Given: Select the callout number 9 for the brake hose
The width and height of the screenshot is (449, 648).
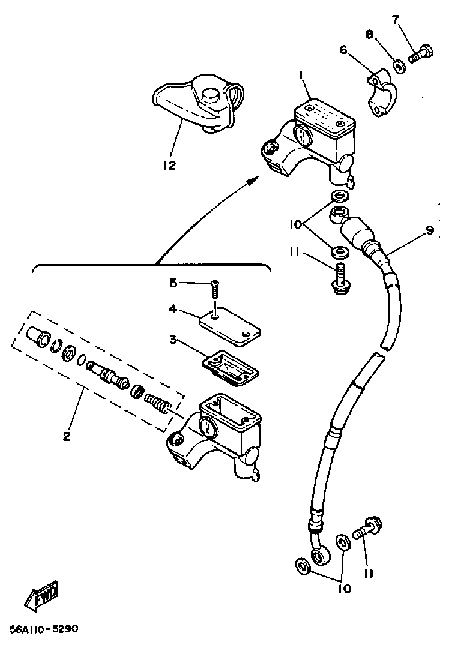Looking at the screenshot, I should pos(430,230).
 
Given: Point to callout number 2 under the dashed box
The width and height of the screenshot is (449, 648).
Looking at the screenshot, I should pos(66,436).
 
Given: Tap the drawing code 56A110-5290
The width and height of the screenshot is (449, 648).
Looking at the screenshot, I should pos(43,629).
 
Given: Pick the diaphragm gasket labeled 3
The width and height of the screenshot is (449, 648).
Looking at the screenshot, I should pos(231,365).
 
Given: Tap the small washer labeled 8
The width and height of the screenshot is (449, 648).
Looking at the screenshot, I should pos(399,64).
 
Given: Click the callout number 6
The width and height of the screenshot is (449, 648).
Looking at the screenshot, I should pos(343,50).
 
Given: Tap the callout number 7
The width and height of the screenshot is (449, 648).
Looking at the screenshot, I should pos(395,19).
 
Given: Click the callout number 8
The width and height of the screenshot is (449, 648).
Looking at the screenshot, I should pos(370,35).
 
